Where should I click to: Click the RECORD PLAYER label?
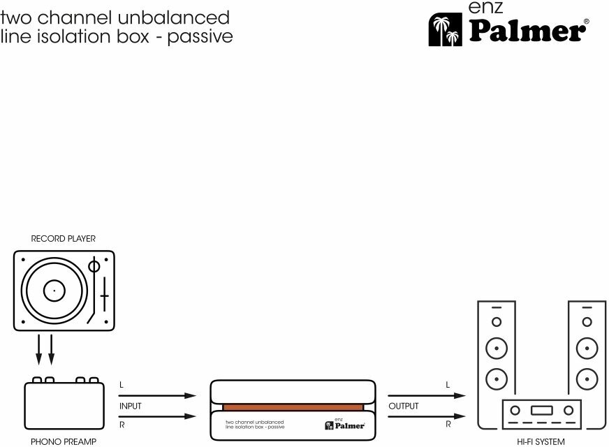point(63,239)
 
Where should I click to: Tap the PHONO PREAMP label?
point(63,442)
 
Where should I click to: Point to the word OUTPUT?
point(404,406)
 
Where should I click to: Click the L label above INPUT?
point(122,386)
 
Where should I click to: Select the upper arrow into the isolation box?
point(157,396)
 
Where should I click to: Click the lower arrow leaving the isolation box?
point(425,417)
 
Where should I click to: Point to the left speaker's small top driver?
point(496,323)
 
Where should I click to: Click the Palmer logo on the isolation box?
point(344,423)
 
